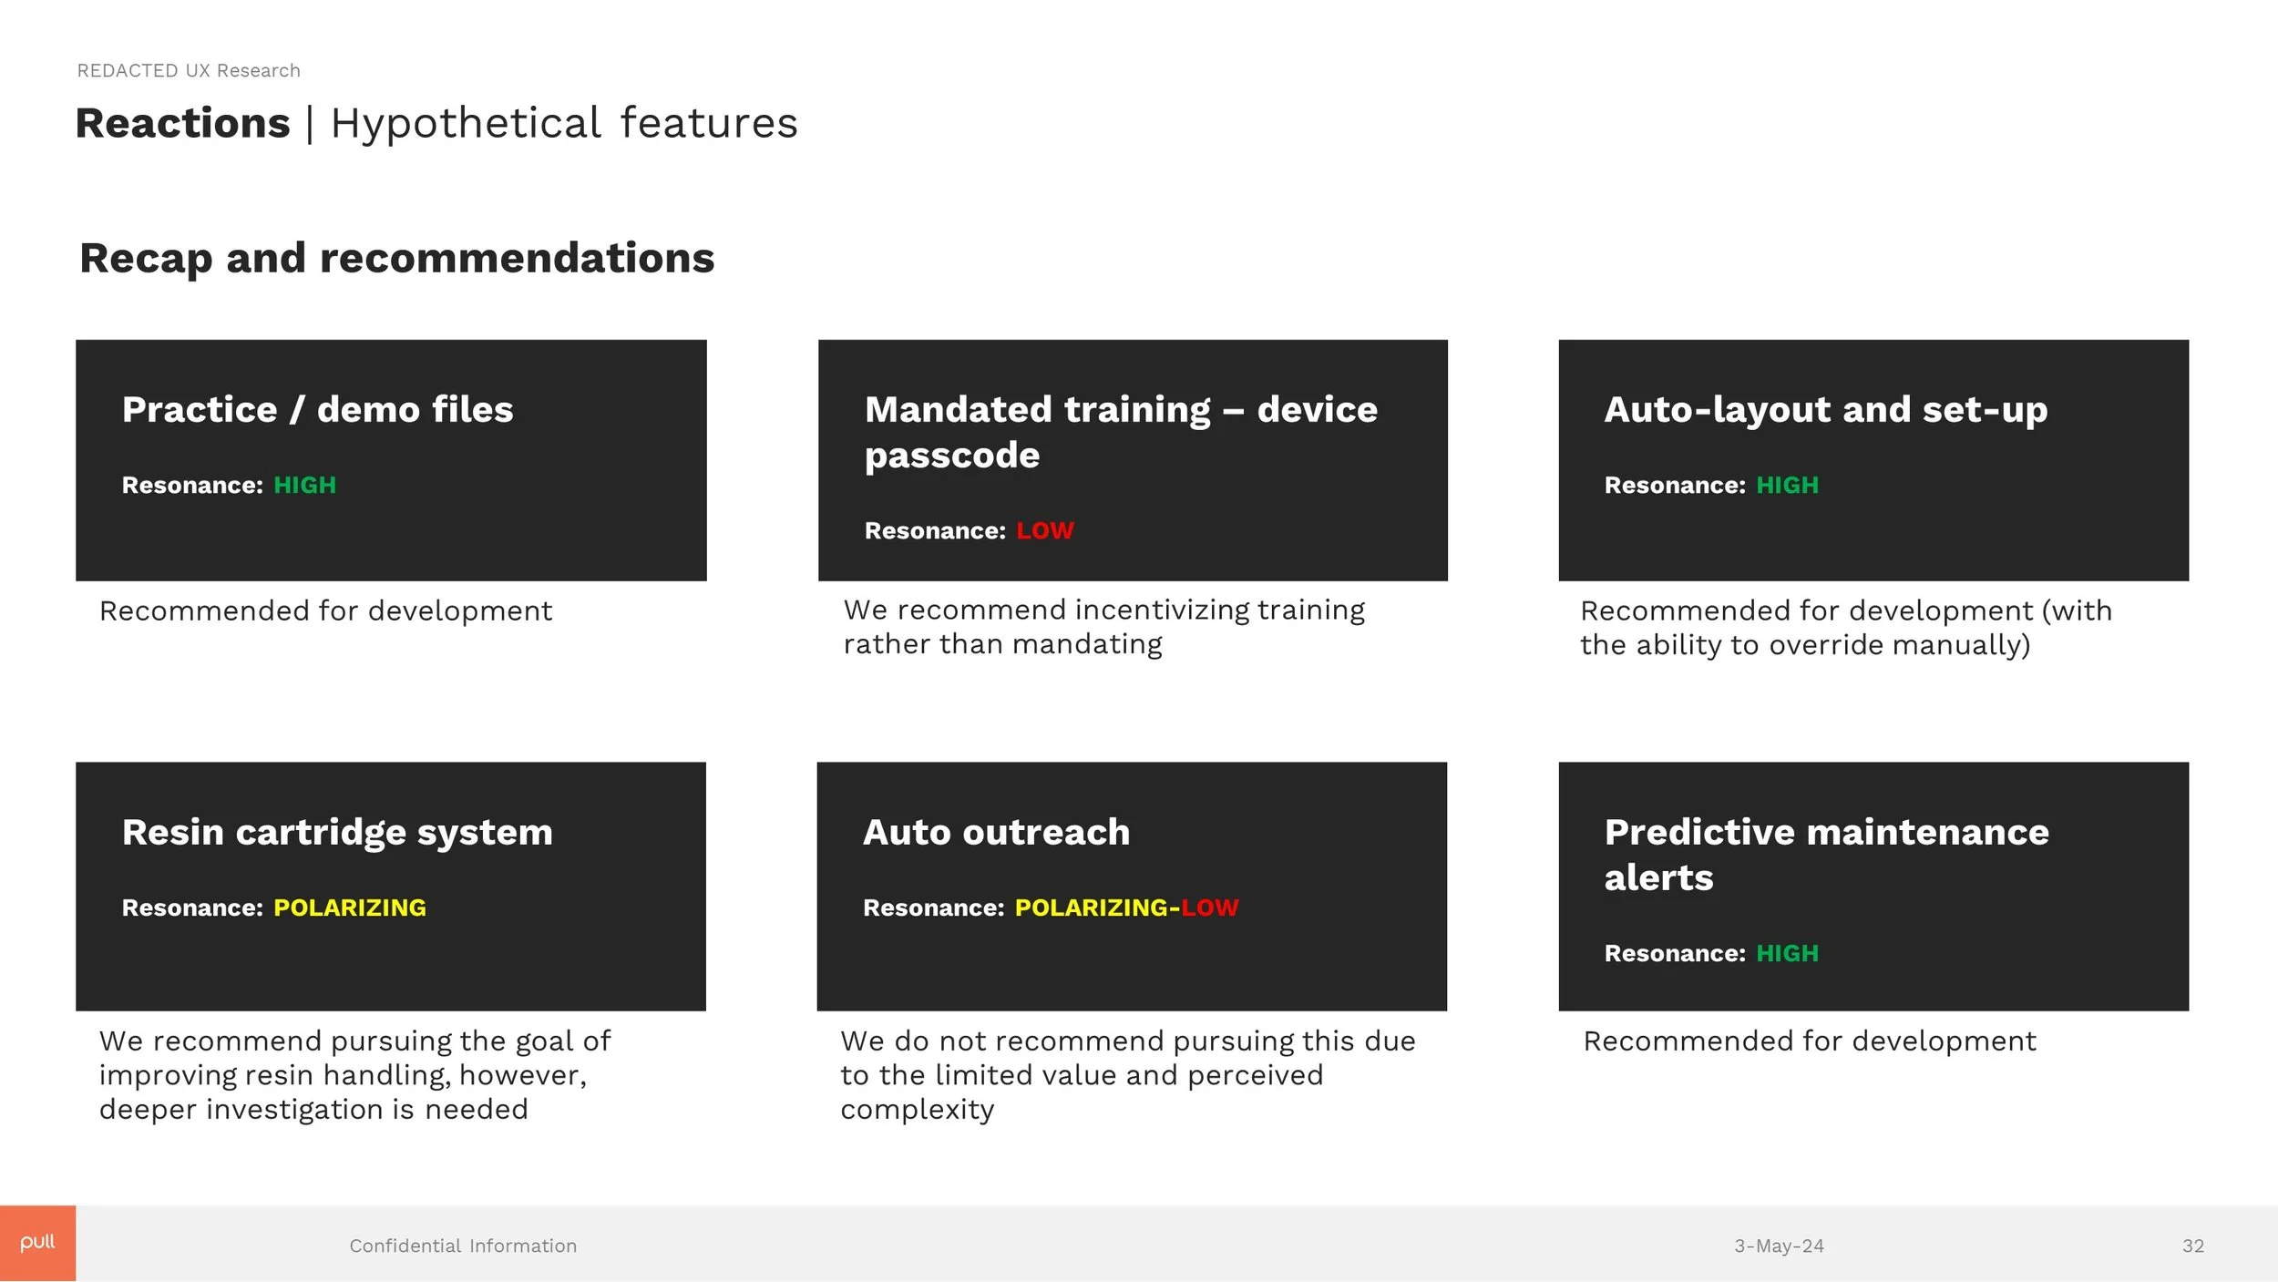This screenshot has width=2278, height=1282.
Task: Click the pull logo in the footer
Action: click(x=37, y=1243)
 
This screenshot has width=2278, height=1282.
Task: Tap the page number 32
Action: click(x=2192, y=1246)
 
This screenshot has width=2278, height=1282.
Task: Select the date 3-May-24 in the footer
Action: click(x=1778, y=1246)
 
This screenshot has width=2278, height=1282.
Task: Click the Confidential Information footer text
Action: click(x=463, y=1246)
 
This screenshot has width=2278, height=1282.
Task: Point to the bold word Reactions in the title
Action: click(x=182, y=123)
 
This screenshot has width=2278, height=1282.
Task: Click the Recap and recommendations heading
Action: click(x=396, y=258)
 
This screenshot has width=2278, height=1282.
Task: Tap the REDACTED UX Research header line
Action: click(x=189, y=71)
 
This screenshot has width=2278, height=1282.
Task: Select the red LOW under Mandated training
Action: click(x=1044, y=530)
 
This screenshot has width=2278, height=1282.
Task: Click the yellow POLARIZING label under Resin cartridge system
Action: click(x=349, y=908)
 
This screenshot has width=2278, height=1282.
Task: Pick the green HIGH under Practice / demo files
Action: click(x=304, y=485)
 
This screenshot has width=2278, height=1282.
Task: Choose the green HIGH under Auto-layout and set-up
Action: click(x=1786, y=485)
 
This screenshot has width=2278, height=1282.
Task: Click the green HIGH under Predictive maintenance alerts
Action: click(x=1786, y=953)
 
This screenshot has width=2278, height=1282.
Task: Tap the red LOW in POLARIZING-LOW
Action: click(x=1209, y=908)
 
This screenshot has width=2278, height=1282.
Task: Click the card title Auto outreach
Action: click(x=996, y=832)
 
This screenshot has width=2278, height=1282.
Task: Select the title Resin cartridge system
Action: click(x=337, y=832)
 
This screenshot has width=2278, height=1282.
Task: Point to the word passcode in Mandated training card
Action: click(x=951, y=455)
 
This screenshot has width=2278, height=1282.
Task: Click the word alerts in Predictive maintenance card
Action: click(x=1658, y=877)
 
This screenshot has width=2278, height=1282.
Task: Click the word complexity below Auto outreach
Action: click(x=917, y=1110)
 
